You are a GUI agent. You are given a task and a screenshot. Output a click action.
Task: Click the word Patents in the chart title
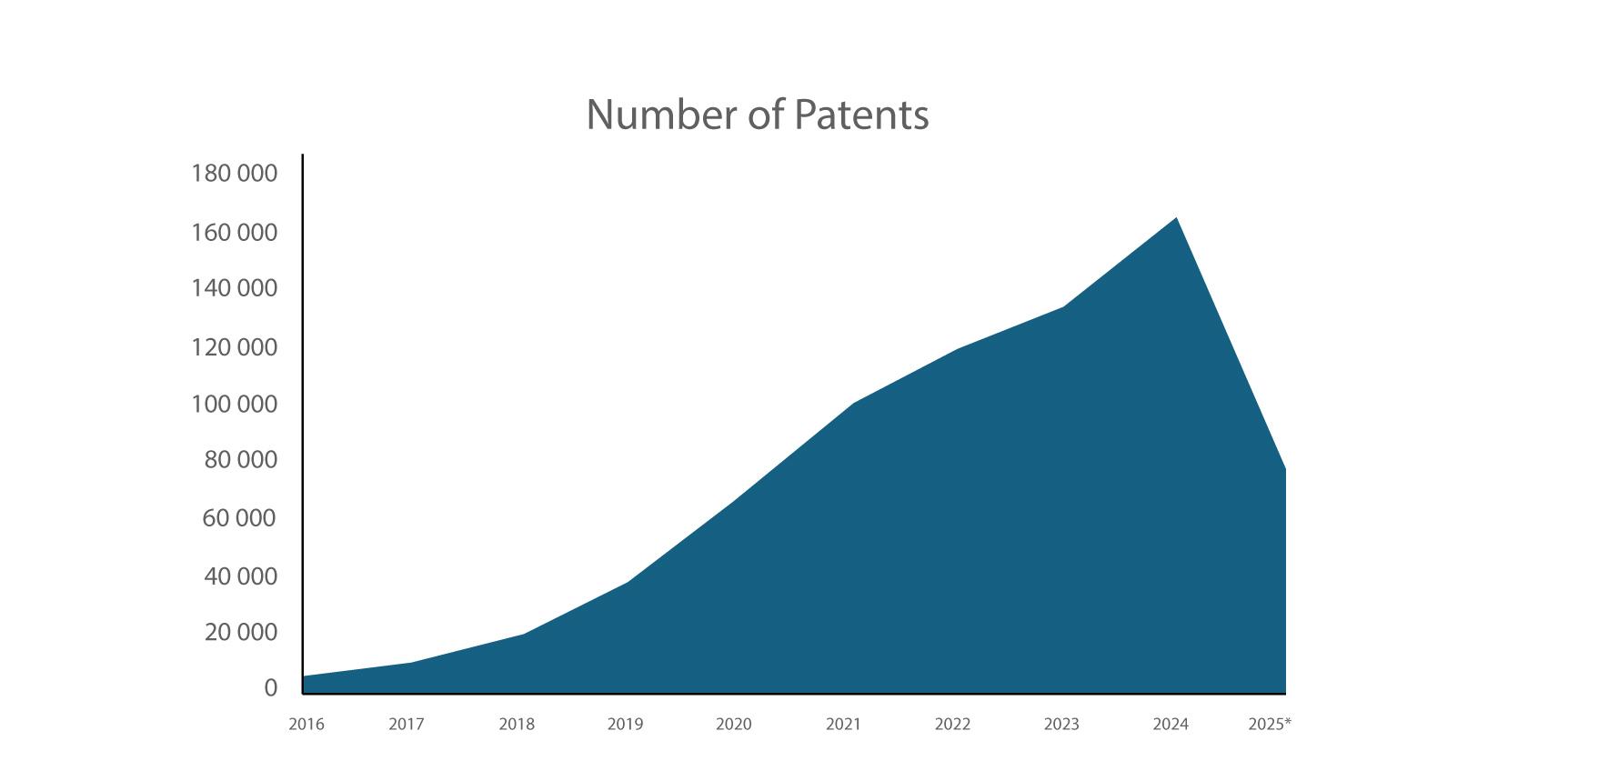coord(860,115)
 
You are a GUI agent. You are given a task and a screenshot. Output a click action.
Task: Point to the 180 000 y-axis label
coord(234,173)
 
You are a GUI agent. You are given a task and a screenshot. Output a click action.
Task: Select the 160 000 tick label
coord(234,233)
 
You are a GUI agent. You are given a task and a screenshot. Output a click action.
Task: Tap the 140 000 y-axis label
coord(234,288)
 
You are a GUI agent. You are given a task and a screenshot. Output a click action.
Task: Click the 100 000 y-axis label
coord(234,404)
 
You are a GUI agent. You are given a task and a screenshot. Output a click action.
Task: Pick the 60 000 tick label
coord(238,518)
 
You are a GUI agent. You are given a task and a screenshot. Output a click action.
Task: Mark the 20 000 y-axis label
coord(240,632)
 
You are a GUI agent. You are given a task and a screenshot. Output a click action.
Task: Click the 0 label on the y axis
coord(270,688)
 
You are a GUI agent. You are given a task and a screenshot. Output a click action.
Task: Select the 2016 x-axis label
coord(307,725)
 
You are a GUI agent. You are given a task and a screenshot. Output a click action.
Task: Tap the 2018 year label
coord(517,725)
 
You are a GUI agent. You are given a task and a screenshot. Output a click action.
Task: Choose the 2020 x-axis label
coord(734,725)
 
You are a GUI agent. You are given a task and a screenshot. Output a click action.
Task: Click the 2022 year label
coord(952,725)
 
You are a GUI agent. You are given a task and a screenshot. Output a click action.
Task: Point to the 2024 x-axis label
coord(1171,725)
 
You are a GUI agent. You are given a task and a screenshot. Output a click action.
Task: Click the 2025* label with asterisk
coord(1270,725)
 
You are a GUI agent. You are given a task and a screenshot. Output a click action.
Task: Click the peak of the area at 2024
coord(1177,218)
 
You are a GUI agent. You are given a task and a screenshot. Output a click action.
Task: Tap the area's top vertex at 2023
coord(1063,307)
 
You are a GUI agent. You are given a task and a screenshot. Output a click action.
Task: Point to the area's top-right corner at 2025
coord(1284,470)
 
